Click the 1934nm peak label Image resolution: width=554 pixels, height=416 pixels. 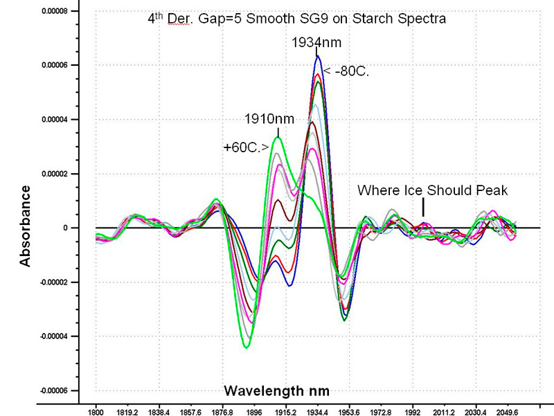316,43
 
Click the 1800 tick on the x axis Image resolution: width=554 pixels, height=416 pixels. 96,411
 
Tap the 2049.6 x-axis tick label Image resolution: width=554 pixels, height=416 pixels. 508,411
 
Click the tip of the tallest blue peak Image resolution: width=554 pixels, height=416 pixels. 318,56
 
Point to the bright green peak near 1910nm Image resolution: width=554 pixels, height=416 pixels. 278,137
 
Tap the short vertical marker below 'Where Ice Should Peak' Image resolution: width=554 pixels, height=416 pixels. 422,207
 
